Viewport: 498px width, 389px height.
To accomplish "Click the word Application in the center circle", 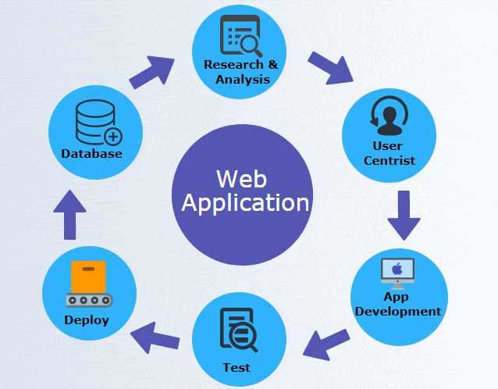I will pos(245,203).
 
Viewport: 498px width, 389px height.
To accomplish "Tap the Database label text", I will pos(92,154).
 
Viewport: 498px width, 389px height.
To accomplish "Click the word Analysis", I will pos(240,78).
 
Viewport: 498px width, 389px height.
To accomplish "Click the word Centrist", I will pos(388,161).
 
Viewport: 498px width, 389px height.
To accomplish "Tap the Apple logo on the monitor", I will pos(397,269).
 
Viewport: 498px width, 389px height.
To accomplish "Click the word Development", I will pos(398,311).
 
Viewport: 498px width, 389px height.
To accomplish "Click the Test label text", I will pos(236,367).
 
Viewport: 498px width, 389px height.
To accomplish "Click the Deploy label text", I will pos(87,319).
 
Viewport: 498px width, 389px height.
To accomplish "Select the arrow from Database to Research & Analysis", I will pos(152,71).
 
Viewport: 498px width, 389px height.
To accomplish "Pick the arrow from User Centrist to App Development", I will pos(404,213).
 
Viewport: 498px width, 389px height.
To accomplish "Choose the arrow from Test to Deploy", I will pos(155,338).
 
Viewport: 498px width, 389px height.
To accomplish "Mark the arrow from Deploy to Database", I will pos(70,212).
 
